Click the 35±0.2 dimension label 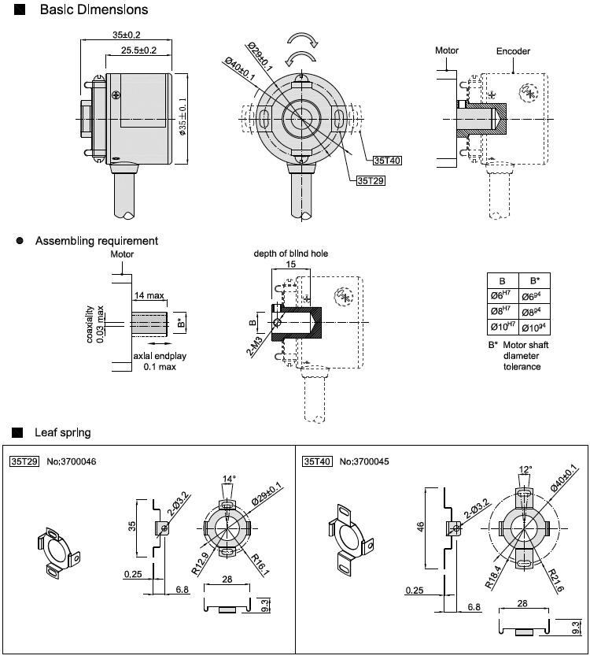(127, 35)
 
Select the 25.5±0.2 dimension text (139, 50)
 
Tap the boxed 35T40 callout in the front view (387, 161)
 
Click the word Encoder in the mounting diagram (513, 51)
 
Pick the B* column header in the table (535, 280)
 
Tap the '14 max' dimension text (149, 294)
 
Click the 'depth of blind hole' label (290, 254)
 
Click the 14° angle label (229, 478)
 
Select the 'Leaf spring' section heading (62, 432)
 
